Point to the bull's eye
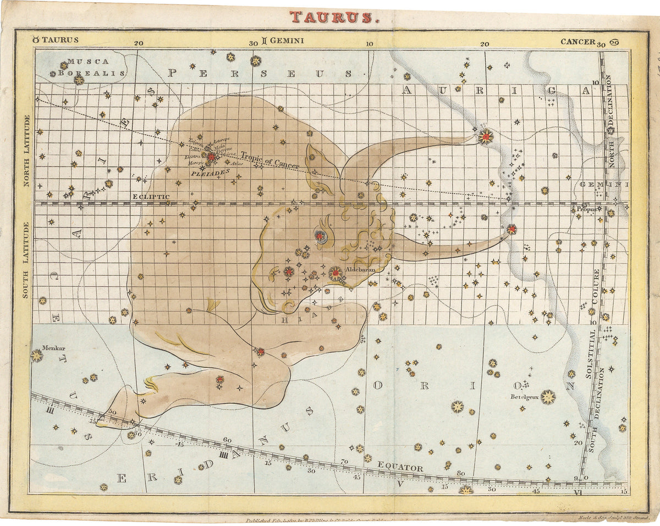point(320,235)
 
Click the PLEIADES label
point(206,173)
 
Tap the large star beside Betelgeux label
point(548,397)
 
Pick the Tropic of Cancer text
point(269,160)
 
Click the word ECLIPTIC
point(151,196)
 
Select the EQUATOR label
point(400,468)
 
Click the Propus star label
point(585,209)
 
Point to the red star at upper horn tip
point(486,135)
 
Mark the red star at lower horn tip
point(512,229)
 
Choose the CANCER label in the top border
point(577,41)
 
